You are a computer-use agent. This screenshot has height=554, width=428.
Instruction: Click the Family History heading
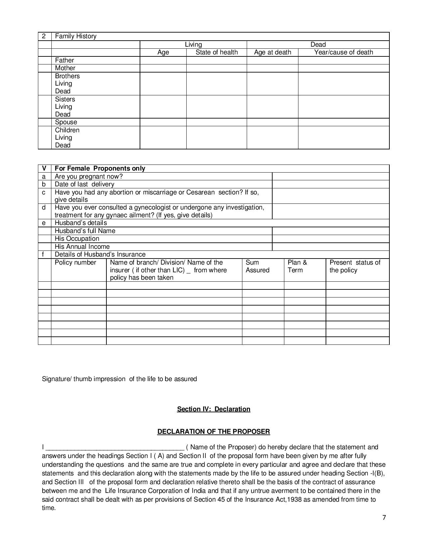coord(76,36)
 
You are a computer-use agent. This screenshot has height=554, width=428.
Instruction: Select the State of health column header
coord(217,52)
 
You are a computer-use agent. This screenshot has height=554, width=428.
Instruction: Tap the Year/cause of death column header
coord(343,52)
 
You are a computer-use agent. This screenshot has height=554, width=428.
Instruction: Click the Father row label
coord(64,60)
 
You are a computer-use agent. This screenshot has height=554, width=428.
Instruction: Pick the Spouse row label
coord(66,122)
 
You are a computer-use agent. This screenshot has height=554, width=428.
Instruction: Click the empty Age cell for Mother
coord(163,68)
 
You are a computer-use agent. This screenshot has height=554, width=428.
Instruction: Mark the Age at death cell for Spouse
coord(272,122)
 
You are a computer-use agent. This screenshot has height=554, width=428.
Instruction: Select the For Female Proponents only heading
coord(100,169)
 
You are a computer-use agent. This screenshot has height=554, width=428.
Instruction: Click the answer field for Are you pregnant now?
coord(330,177)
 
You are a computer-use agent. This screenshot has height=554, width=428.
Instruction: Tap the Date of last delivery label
coord(84,184)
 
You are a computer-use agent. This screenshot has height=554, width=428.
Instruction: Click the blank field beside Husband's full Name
coord(330,231)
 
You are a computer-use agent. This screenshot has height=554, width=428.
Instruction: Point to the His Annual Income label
coord(82,247)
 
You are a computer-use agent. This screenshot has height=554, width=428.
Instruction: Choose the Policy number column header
coord(76,263)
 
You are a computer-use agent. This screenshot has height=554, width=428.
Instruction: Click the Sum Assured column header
coord(257,266)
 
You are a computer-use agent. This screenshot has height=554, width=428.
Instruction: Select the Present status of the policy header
coord(355,266)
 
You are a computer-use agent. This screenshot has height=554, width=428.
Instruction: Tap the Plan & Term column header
coord(297,266)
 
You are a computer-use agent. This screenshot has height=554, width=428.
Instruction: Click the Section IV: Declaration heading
coord(213,409)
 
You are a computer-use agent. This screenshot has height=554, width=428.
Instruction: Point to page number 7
coord(384,517)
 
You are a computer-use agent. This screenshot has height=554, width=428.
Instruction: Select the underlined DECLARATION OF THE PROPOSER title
coord(213,431)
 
